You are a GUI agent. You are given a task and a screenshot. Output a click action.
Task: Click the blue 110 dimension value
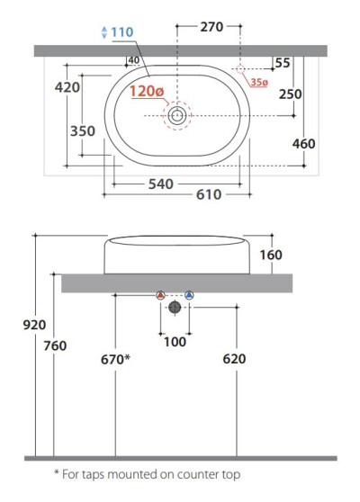121,32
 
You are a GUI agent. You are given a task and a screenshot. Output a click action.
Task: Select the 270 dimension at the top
211,27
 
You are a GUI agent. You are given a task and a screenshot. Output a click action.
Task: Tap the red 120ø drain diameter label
147,91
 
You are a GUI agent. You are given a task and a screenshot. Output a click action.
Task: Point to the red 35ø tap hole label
259,82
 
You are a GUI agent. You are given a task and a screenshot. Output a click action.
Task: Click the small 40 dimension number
133,60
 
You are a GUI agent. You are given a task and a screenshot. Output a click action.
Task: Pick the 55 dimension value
283,63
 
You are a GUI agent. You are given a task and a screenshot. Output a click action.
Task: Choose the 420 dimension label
67,87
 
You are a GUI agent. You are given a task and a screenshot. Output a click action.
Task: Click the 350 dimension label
83,131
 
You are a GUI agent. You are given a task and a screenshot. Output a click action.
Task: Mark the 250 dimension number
290,94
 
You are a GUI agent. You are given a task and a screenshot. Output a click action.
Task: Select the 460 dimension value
303,144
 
